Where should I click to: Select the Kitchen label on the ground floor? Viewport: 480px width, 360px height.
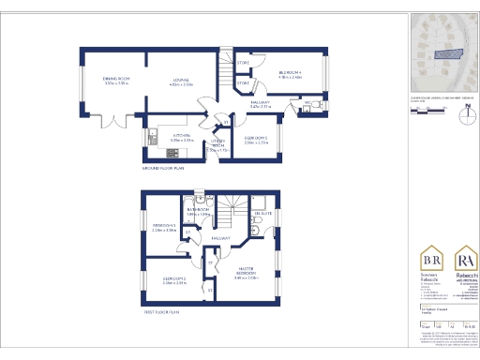pos(170,137)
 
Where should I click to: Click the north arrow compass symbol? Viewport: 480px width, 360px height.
pos(466,119)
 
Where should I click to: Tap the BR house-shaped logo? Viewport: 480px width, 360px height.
pos(432,261)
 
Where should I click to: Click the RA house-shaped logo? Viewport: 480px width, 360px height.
pos(466,261)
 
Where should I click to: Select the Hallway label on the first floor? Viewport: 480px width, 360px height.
pos(221,239)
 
